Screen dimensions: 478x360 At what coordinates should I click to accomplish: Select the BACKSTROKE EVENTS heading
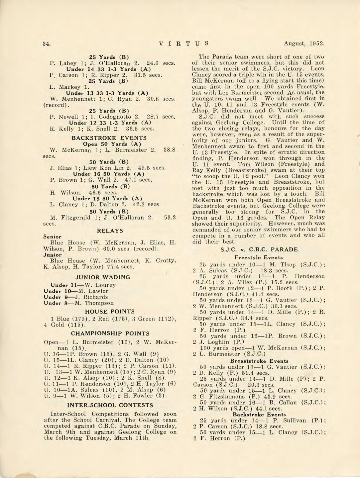click(109, 138)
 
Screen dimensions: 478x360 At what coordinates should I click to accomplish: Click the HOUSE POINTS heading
click(110, 312)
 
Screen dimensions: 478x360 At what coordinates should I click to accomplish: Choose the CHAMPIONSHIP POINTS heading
click(110, 334)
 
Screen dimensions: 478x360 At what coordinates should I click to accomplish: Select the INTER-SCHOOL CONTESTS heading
click(110, 405)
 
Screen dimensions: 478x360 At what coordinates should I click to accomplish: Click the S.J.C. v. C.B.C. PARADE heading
click(259, 249)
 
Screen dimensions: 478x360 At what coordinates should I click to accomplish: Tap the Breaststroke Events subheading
click(259, 361)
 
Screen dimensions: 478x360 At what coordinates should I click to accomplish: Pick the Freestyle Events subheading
click(259, 257)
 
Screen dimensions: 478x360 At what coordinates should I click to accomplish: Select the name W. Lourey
click(100, 285)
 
